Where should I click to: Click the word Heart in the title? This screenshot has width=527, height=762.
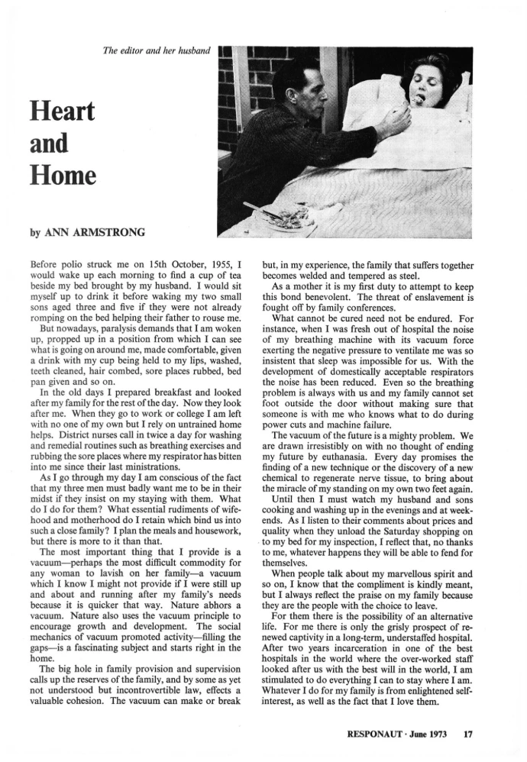pyautogui.click(x=61, y=112)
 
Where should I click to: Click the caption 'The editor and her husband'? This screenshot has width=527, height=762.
pyautogui.click(x=156, y=52)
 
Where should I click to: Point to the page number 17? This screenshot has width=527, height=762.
pyautogui.click(x=468, y=735)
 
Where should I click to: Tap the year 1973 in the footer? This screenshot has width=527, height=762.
pyautogui.click(x=441, y=735)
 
